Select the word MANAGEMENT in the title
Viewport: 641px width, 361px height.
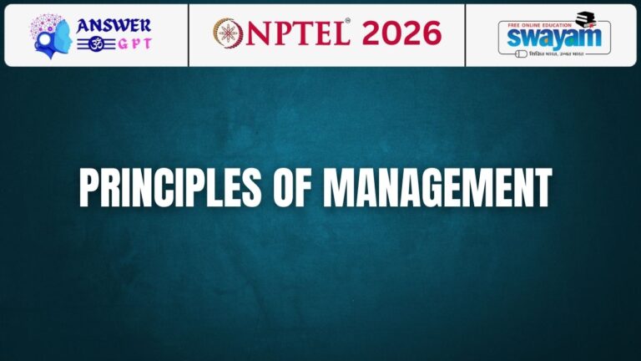coord(438,189)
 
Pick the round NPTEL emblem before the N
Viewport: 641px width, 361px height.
coord(226,33)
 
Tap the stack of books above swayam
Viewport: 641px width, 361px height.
coord(586,18)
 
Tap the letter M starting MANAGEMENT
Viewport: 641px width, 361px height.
coord(339,189)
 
